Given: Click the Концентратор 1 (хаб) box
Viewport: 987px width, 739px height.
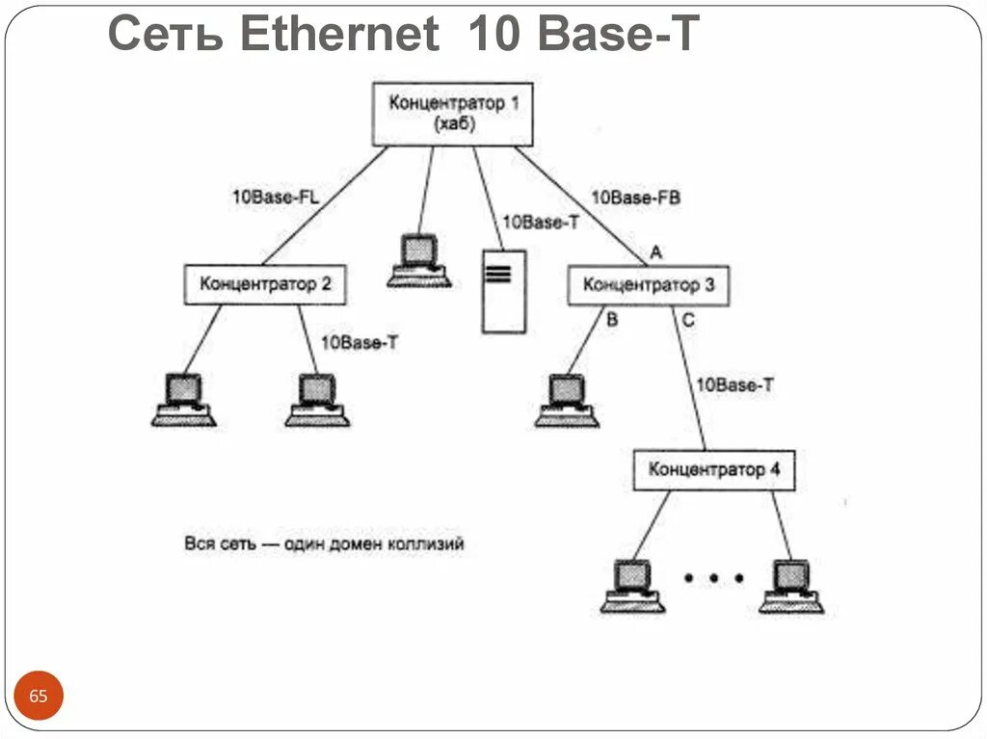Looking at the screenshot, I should click(x=452, y=114).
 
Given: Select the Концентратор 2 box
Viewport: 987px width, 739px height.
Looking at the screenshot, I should click(x=265, y=285).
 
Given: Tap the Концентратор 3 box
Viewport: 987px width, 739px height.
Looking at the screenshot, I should click(x=648, y=286).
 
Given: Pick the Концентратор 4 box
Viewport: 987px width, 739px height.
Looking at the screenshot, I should click(x=713, y=470).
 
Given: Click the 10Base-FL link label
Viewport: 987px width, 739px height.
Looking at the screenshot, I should click(x=275, y=197).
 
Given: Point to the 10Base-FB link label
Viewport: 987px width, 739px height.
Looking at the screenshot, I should click(x=635, y=197).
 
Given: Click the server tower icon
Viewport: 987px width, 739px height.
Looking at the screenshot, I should click(x=503, y=291).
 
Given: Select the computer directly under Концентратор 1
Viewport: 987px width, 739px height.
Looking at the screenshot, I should click(x=418, y=261).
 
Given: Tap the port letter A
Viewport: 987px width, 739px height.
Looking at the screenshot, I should click(x=655, y=252).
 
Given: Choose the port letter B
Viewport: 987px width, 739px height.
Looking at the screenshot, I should click(x=612, y=320).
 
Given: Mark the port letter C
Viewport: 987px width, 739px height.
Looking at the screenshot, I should click(x=687, y=320).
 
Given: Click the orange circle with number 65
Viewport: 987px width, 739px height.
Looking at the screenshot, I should click(x=39, y=696).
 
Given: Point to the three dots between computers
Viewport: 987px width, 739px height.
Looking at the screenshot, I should click(x=713, y=578).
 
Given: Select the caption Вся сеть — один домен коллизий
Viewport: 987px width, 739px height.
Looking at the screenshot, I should click(x=324, y=544).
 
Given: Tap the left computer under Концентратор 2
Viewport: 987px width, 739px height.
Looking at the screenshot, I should click(x=183, y=399).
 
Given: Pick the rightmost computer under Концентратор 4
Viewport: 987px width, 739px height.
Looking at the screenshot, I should click(x=791, y=586).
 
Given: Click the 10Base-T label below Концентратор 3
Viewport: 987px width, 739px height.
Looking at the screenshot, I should click(x=734, y=385).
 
